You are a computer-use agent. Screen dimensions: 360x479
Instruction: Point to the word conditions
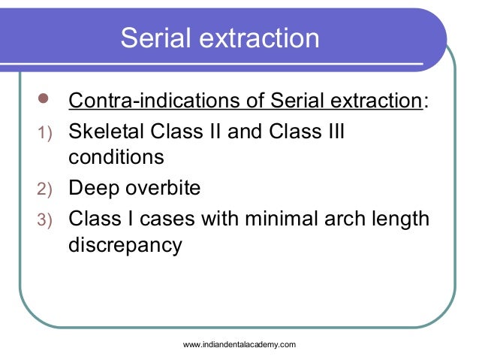point(116,159)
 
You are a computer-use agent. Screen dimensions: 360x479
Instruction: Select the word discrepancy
point(125,246)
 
